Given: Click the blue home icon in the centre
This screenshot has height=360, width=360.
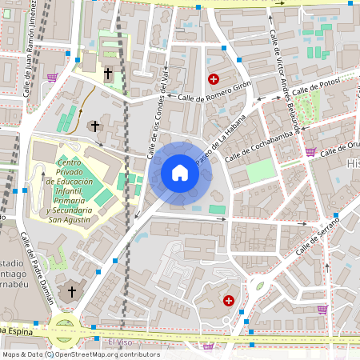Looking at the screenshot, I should (180, 172).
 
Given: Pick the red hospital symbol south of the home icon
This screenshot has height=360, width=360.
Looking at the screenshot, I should (229, 300).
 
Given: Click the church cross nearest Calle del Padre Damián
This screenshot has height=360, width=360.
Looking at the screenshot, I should (71, 293).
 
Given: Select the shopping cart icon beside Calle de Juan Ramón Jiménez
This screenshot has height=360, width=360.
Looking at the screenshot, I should (53, 78).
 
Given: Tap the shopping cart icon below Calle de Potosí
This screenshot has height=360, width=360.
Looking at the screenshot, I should (311, 151).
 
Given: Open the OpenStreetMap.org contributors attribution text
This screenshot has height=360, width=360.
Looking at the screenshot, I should (107, 354).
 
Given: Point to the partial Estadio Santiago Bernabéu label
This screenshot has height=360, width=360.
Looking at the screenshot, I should (16, 277).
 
